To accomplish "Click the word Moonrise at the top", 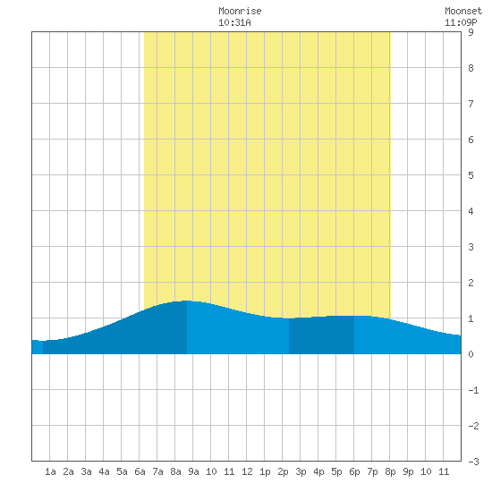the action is (x=240, y=11).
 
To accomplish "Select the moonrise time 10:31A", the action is (x=234, y=22).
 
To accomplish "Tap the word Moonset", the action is (x=463, y=11).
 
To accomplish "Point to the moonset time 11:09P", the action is (x=461, y=22).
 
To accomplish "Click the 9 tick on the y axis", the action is (x=471, y=32).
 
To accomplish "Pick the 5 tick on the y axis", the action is (x=471, y=175).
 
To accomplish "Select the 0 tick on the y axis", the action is (x=471, y=354).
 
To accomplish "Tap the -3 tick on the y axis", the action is (x=473, y=462).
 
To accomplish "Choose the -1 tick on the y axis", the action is (x=473, y=390).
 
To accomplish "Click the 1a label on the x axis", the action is (x=50, y=471).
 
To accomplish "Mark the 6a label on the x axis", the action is (x=140, y=471).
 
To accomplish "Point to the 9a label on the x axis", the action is (x=193, y=471).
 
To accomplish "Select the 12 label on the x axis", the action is (x=247, y=471).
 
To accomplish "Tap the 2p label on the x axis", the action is (x=283, y=471).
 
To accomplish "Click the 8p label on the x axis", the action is (x=390, y=471).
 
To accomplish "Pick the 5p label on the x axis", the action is (x=336, y=471).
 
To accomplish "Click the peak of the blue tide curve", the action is (x=186, y=301).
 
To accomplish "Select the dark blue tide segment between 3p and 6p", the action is (x=322, y=335).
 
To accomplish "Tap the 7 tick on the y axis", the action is (x=471, y=104).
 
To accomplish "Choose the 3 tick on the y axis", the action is (x=471, y=247).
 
